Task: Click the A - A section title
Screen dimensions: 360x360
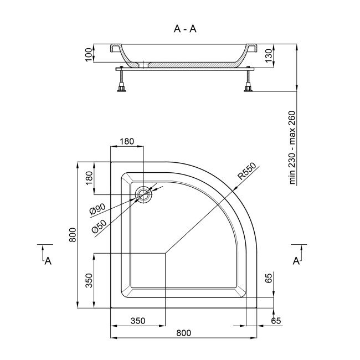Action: coord(185,29)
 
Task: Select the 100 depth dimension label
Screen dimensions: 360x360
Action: coord(89,55)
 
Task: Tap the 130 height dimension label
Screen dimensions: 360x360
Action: coord(269,55)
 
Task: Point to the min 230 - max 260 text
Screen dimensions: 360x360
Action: coord(292,147)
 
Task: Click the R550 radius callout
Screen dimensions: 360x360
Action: coord(247,171)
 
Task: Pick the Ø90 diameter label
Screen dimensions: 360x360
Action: coord(97,209)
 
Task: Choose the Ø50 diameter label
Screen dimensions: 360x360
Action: coord(99,227)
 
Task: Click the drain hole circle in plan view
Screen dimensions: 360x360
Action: coord(144,194)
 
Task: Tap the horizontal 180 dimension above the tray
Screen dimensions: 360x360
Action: coord(127,141)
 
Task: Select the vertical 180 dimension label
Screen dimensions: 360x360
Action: coord(89,178)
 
